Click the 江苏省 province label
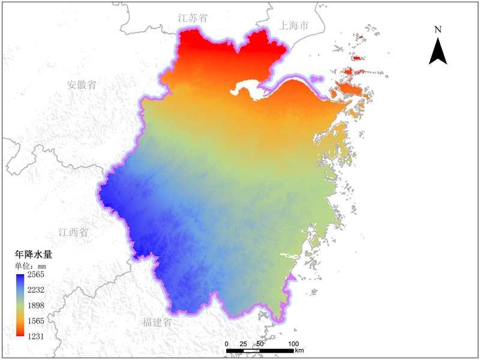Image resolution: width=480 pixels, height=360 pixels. [193, 19]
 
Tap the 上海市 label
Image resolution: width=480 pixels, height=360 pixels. [294, 26]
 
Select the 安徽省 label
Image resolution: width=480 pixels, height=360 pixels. [82, 85]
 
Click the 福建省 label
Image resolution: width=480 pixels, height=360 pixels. [157, 322]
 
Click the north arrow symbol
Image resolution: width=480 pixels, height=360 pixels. [438, 51]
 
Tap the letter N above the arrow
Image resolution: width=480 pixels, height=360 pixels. [438, 29]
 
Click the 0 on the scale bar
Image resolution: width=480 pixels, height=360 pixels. [227, 343]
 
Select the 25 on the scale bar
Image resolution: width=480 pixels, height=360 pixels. [243, 343]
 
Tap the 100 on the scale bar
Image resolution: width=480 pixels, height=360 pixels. [293, 343]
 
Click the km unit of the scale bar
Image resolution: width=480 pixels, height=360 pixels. [299, 350]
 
